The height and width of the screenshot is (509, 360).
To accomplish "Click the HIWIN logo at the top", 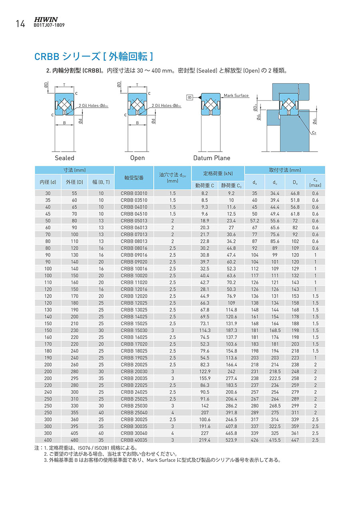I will [x=46, y=19].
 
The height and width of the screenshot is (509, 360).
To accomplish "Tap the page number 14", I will [x=20, y=24].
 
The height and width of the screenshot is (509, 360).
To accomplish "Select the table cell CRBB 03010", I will [x=134, y=193].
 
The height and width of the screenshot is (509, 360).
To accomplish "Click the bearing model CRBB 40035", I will [x=134, y=440].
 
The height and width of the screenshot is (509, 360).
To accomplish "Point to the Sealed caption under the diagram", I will [x=64, y=158].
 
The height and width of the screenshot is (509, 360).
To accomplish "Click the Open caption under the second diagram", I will [x=137, y=158].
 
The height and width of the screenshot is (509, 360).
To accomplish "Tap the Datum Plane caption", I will [x=212, y=158].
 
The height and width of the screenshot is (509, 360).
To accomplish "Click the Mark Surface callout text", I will [x=236, y=96].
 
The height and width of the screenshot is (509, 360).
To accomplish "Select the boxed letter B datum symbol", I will [x=190, y=97].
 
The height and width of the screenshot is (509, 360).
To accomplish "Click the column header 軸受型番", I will [x=134, y=177].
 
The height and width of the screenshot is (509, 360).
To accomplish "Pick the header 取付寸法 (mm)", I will [x=284, y=170].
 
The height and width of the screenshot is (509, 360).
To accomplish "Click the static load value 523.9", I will [x=231, y=440].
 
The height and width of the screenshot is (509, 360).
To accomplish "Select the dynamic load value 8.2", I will [x=204, y=193].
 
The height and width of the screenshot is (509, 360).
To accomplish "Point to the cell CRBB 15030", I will [x=134, y=330].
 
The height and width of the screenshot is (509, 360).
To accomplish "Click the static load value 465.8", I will [x=231, y=433].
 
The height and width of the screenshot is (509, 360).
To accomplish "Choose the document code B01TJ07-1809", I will [x=50, y=25].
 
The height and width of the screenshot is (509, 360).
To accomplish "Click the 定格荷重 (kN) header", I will [x=218, y=173].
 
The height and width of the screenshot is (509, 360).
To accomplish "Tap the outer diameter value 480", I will [x=74, y=440].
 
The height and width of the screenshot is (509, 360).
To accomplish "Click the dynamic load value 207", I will [x=204, y=413].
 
